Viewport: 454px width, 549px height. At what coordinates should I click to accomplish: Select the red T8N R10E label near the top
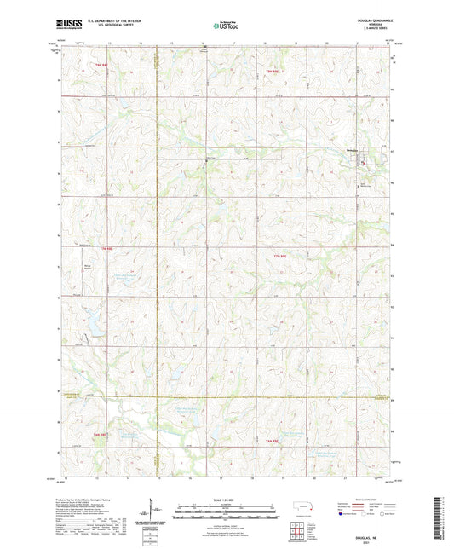coord(272,70)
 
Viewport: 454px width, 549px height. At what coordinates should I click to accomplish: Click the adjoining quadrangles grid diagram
coord(298,527)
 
